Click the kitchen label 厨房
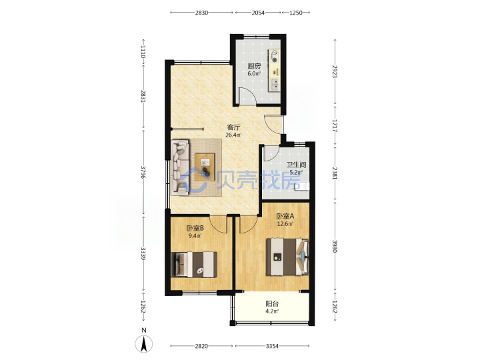pyautogui.click(x=254, y=66)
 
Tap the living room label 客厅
pyautogui.click(x=233, y=127)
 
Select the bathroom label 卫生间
pyautogui.click(x=296, y=165)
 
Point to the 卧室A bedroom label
pyautogui.click(x=285, y=216)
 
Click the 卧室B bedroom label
pyautogui.click(x=195, y=228)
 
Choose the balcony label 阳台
pyautogui.click(x=272, y=304)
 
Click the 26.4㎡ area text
pyautogui.click(x=233, y=135)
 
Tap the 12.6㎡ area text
pyautogui.click(x=285, y=224)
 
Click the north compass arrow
pyautogui.click(x=144, y=344)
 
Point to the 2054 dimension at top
pyautogui.click(x=258, y=13)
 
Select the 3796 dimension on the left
pyautogui.click(x=143, y=172)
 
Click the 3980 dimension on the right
pyautogui.click(x=335, y=246)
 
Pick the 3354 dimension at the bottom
pyautogui.click(x=272, y=346)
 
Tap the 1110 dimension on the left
pyautogui.click(x=143, y=51)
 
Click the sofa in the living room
pyautogui.click(x=180, y=167)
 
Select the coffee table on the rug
pyautogui.click(x=205, y=167)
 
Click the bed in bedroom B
pyautogui.click(x=194, y=265)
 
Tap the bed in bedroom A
pyautogui.click(x=287, y=257)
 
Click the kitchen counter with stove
pyautogui.click(x=275, y=70)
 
